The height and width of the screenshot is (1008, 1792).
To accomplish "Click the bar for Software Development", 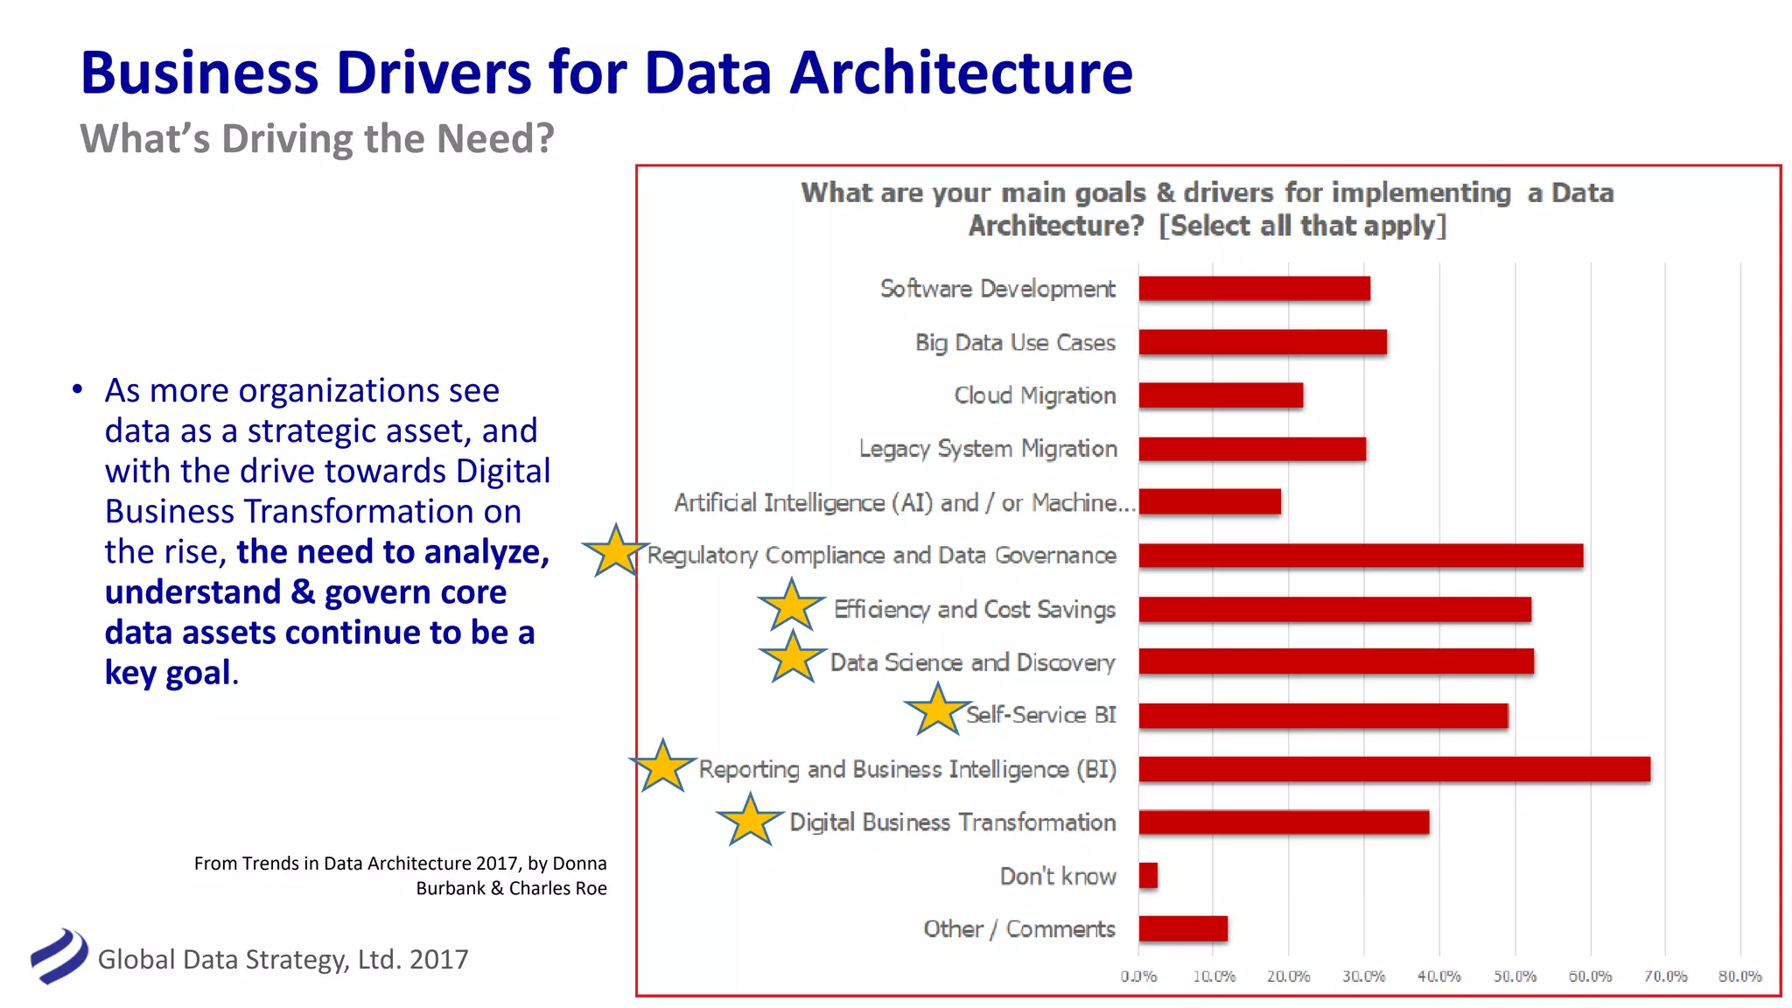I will pyautogui.click(x=1254, y=289).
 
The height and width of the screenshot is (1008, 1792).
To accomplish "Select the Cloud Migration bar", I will pyautogui.click(x=1221, y=395).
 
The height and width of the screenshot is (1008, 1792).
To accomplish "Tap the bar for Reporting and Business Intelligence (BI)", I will pyautogui.click(x=1394, y=769).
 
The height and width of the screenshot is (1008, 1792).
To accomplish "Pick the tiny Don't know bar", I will pyautogui.click(x=1148, y=876).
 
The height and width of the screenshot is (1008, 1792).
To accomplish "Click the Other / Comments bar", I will pyautogui.click(x=1183, y=929).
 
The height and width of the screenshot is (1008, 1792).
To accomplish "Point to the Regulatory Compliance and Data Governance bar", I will pyautogui.click(x=1361, y=556).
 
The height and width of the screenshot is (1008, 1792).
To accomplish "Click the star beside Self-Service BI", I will pyautogui.click(x=937, y=710).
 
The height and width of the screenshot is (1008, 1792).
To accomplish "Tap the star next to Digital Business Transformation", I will pyautogui.click(x=750, y=821).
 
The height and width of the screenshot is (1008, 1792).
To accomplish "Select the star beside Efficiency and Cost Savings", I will pyautogui.click(x=791, y=605).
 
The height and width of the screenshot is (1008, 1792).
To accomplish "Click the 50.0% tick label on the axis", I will pyautogui.click(x=1515, y=976).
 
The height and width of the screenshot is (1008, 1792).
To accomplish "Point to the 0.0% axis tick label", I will pyautogui.click(x=1138, y=976).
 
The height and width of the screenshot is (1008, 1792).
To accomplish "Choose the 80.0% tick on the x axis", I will pyautogui.click(x=1739, y=976).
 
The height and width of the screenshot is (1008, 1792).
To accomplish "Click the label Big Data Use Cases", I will pyautogui.click(x=1015, y=343).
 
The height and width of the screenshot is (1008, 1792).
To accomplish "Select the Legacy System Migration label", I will pyautogui.click(x=988, y=449).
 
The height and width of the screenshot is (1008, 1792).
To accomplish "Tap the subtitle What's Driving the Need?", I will pyautogui.click(x=317, y=139).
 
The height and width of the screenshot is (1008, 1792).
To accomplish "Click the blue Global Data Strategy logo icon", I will pyautogui.click(x=59, y=956).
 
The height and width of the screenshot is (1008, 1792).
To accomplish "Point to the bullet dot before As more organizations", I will pyautogui.click(x=78, y=389).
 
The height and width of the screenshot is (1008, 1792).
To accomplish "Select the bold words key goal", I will pyautogui.click(x=168, y=673).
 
